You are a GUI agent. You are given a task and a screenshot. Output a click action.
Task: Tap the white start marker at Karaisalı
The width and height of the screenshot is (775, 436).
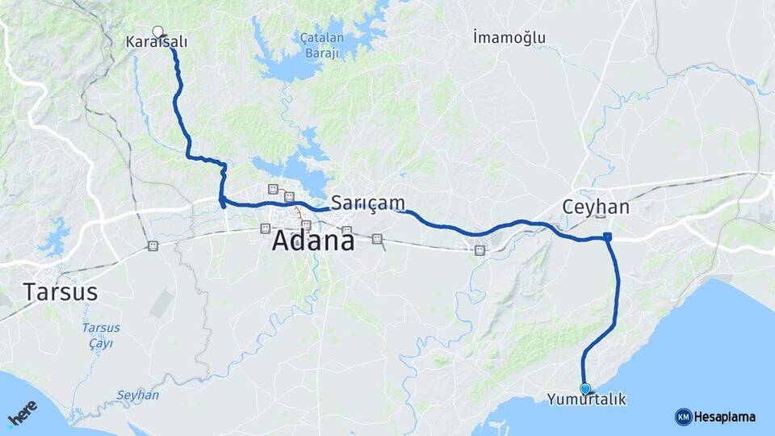[158, 31]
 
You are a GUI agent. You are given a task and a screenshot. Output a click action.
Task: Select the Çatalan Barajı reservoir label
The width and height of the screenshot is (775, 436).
[322, 45]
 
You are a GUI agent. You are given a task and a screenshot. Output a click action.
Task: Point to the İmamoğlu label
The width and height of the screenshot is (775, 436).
[509, 37]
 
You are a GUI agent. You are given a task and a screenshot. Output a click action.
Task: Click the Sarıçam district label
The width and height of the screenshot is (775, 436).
[367, 202]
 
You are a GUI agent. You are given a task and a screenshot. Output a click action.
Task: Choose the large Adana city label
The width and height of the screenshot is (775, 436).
[313, 240]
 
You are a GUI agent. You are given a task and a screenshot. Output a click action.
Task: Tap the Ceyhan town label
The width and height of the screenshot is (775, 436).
[596, 207]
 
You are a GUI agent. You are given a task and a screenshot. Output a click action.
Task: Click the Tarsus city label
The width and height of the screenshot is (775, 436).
[61, 291]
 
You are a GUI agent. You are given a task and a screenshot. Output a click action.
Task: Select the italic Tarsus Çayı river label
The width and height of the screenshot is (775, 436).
[101, 335]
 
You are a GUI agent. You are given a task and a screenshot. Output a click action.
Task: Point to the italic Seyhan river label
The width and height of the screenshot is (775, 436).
[137, 396]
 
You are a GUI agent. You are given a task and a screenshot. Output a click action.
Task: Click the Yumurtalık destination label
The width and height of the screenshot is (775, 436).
[586, 400]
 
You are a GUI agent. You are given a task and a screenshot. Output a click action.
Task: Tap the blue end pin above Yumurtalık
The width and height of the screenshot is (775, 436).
[585, 388]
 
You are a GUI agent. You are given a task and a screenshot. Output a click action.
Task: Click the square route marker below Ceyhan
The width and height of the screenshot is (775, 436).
[607, 237]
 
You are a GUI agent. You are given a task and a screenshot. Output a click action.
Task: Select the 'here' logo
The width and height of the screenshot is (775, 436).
[23, 413]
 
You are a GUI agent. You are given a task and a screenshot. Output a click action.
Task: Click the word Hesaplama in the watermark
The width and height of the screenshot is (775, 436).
[725, 417]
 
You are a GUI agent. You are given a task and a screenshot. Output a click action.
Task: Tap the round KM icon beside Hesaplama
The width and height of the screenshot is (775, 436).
[683, 417]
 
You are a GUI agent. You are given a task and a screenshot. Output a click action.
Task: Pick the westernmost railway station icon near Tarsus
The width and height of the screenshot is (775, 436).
[153, 245]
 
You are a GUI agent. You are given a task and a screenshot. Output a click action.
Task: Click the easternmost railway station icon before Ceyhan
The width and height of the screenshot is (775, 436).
[480, 250]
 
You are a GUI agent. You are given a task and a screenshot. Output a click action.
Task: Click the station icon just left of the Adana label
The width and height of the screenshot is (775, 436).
[264, 228]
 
